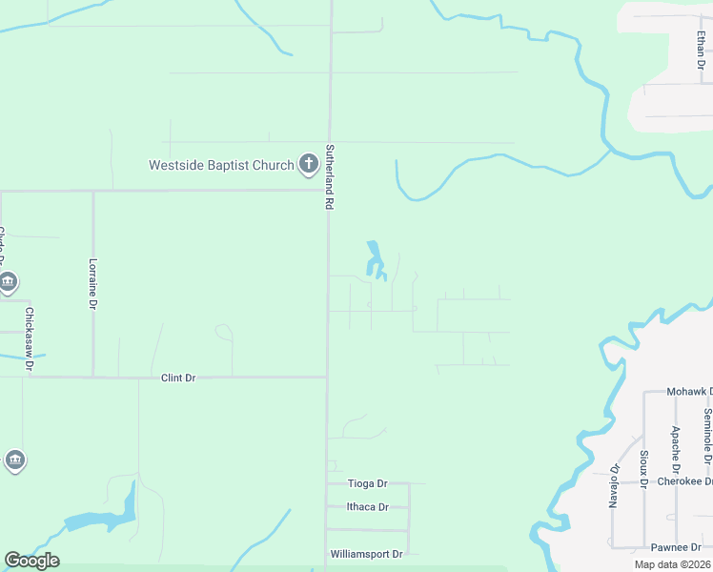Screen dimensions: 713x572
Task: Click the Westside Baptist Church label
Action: pos(221,165)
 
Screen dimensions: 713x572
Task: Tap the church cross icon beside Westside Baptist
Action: pos(308,165)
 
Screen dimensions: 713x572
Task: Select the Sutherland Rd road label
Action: pos(330,177)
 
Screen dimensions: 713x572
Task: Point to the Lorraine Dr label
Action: pos(93,284)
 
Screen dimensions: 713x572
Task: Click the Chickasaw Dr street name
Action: pos(30,338)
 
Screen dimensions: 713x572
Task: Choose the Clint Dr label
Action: pos(178,378)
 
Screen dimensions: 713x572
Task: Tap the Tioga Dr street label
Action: pos(368,483)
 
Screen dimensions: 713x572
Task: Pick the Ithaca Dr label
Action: pos(367,507)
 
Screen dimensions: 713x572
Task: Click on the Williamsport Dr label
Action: pos(366,554)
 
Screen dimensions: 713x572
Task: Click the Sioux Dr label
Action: pos(644,469)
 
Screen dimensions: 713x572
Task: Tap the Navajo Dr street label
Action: pos(614,486)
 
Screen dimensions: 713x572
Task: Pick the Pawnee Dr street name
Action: pos(676,547)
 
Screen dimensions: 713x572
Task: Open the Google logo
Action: pos(31,561)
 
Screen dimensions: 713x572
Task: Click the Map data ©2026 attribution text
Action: pos(672,564)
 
